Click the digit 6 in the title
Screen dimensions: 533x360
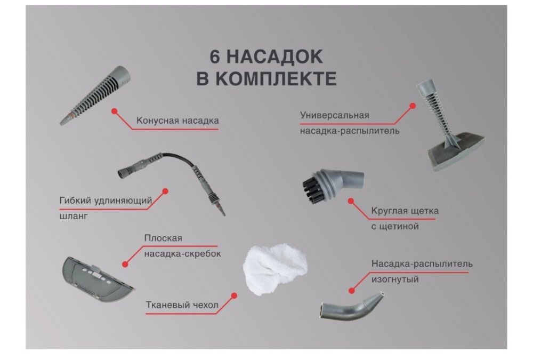214,57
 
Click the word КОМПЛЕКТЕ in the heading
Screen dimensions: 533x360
276,79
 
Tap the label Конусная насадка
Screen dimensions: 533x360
177,121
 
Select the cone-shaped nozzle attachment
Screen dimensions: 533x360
95,95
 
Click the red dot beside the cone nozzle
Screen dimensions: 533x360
115,111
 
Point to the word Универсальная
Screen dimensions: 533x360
335,115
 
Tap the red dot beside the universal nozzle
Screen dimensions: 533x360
413,106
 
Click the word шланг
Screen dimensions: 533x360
74,216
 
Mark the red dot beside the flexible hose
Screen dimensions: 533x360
165,191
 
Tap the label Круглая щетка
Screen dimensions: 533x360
405,211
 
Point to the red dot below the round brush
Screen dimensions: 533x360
351,201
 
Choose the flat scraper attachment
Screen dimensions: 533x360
97,279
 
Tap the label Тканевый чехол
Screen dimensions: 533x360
182,305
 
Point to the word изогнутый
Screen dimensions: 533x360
395,279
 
